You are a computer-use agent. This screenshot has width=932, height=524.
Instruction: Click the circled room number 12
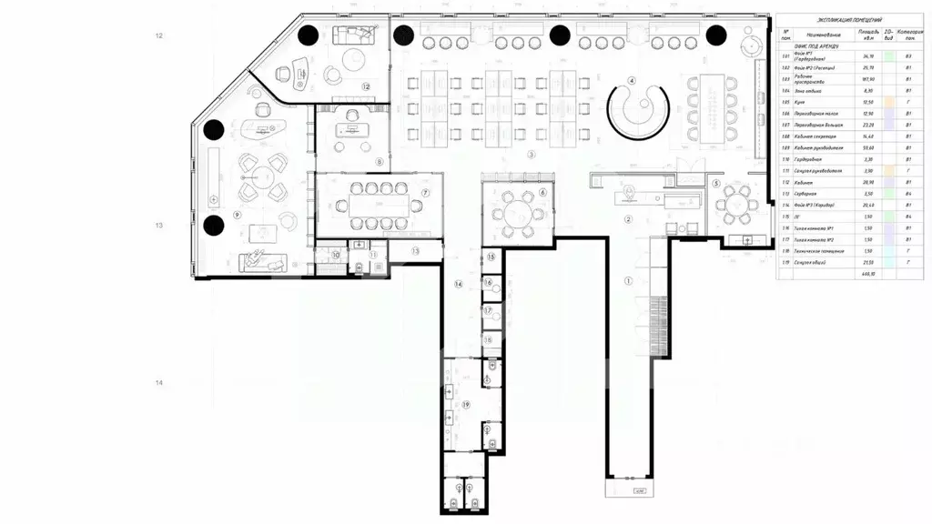tap(365, 86)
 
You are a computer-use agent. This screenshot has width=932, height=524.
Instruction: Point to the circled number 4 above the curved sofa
tap(630, 80)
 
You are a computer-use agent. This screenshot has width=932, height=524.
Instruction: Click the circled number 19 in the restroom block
tap(466, 404)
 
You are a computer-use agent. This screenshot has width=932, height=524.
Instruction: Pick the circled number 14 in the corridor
tap(459, 285)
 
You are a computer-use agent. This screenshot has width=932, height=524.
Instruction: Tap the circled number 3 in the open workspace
tap(530, 155)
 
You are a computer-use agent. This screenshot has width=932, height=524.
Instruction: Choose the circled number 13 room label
tap(414, 250)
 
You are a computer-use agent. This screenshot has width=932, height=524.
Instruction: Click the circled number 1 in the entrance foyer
tap(627, 281)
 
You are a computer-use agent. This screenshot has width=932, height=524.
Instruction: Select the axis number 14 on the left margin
tap(159, 383)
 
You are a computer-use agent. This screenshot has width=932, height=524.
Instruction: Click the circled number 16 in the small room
tap(489, 284)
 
